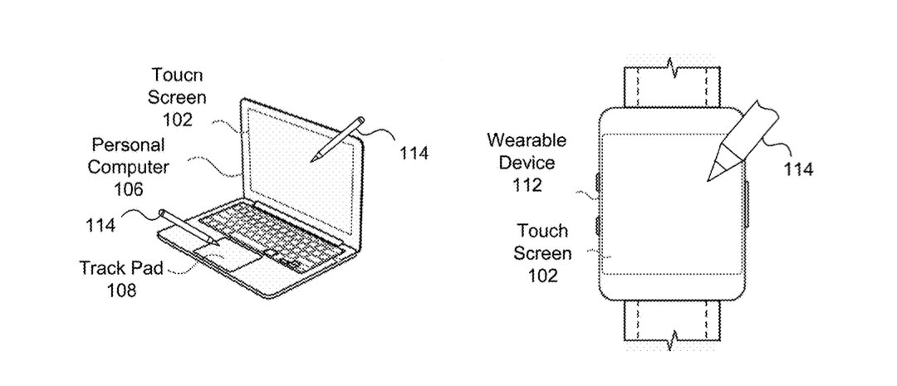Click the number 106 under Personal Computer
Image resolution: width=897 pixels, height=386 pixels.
(129, 188)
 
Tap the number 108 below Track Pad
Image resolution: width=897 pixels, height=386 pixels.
(121, 290)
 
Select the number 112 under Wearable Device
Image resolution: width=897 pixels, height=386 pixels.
(527, 185)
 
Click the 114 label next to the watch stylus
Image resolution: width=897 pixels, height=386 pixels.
(798, 169)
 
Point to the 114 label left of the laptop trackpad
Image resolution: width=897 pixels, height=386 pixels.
(100, 225)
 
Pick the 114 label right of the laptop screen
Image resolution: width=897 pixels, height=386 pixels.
(413, 154)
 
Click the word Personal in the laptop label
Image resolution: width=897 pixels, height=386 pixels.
(129, 144)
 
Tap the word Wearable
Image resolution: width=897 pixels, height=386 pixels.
(527, 140)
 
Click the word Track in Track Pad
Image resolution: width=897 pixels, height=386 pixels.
(101, 267)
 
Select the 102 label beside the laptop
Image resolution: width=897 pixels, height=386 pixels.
(177, 120)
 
